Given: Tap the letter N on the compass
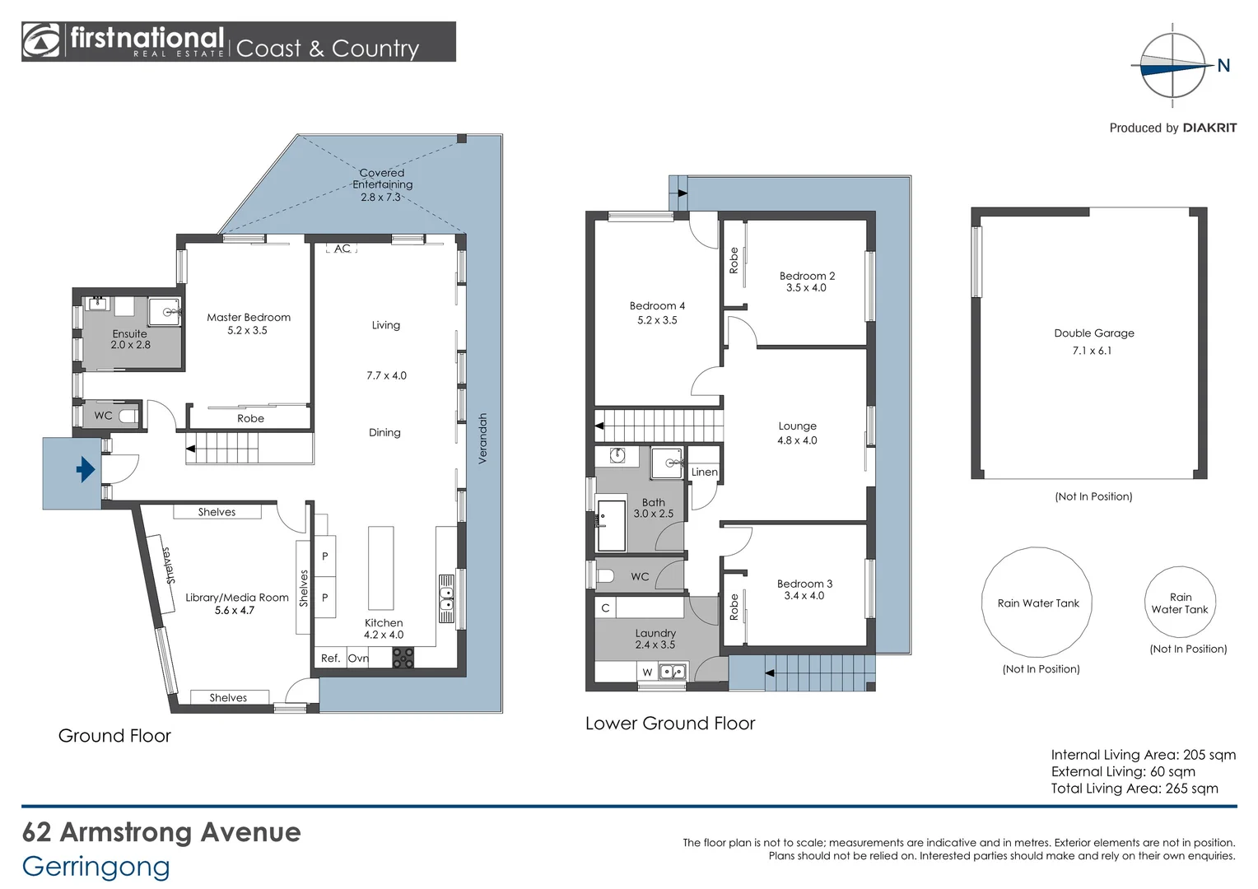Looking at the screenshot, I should (x=1223, y=66).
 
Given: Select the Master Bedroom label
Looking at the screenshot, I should (x=248, y=317).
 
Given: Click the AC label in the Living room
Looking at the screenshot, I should (x=342, y=249).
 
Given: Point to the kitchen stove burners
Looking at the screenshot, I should (x=403, y=658).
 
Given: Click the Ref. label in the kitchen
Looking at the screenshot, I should (x=330, y=658).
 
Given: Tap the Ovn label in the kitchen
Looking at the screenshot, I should (x=358, y=658).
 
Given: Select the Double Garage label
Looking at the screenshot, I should (x=1093, y=333).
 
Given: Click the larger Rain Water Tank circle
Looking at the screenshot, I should (x=1037, y=603).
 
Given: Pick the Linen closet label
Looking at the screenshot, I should (x=704, y=472).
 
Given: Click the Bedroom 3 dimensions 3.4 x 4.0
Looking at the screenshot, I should (x=804, y=596).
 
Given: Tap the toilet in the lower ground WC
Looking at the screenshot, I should (x=605, y=576).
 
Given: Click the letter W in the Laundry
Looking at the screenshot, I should (x=647, y=673).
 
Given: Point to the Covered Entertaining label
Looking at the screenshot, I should (x=382, y=179).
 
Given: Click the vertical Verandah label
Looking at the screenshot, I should (x=483, y=438).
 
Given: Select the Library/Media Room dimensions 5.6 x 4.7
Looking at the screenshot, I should (x=235, y=611).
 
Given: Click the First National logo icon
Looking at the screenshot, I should (x=41, y=41).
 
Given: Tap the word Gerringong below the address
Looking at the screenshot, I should (x=96, y=866).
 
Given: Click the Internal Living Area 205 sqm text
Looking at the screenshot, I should (x=1143, y=755).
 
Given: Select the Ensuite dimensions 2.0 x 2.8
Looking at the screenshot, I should (x=131, y=345).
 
